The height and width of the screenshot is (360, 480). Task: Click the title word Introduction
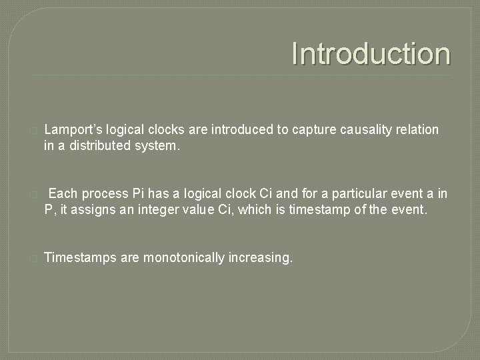(x=371, y=54)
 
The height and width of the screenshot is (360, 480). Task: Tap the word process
(x=104, y=194)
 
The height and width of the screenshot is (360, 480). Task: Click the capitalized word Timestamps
(x=80, y=258)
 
